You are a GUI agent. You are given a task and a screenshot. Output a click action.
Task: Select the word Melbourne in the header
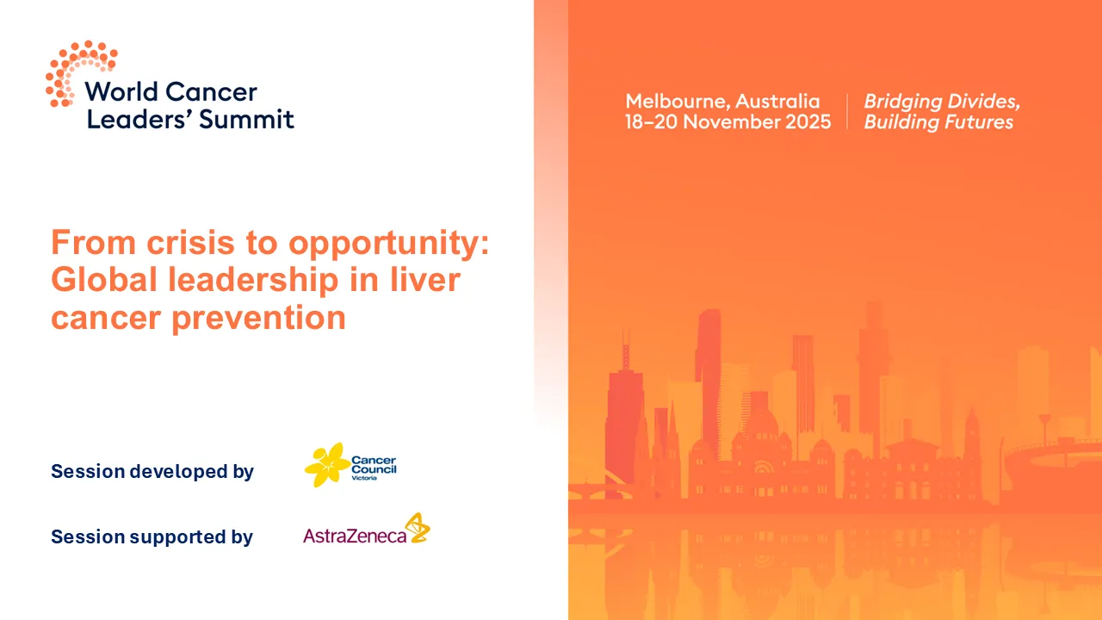[x=676, y=102]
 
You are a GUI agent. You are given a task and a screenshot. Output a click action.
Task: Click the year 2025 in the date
[x=804, y=122]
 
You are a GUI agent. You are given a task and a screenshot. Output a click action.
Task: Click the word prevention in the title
[x=259, y=319]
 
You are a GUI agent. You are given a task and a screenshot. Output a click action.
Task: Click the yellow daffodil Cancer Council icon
[x=326, y=465]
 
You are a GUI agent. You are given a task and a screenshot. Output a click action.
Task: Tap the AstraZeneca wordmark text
[x=354, y=536]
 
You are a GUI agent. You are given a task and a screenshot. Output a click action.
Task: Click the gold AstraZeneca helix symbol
[x=418, y=528]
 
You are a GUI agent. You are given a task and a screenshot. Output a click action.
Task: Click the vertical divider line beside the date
[x=847, y=112]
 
